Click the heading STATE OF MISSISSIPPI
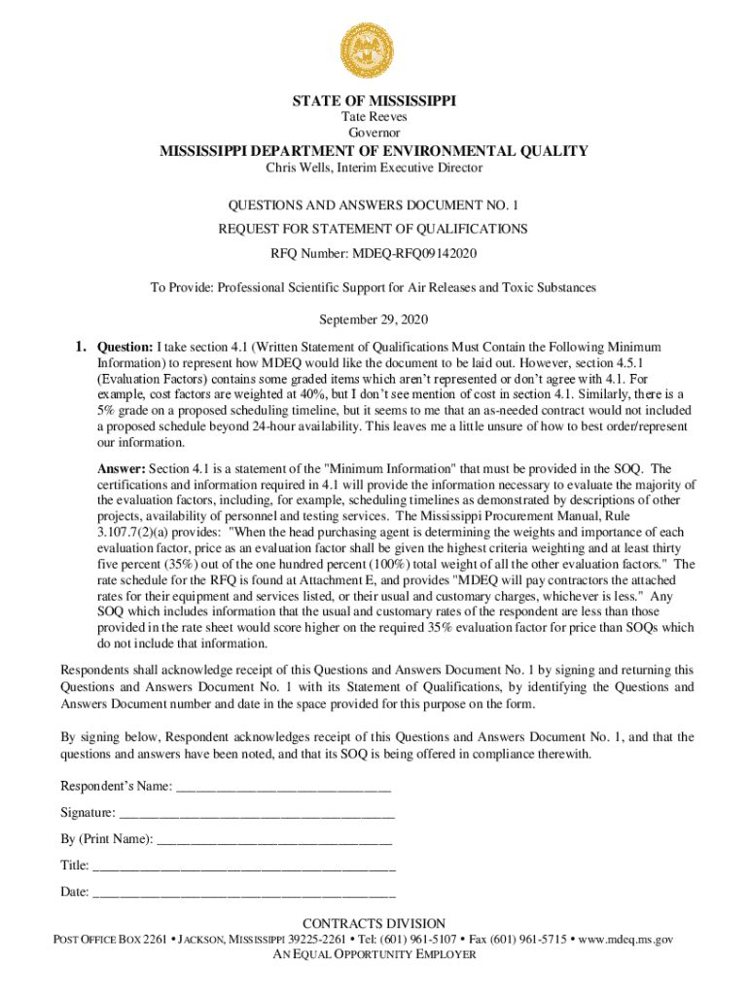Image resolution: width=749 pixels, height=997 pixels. [x=374, y=100]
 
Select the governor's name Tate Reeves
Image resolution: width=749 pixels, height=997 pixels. [x=374, y=117]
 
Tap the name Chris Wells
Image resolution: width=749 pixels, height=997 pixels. [x=303, y=168]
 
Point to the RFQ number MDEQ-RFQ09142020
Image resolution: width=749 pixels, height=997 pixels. [x=421, y=253]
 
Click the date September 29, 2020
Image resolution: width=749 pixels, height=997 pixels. [x=374, y=320]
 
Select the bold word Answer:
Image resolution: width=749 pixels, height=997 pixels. [x=121, y=469]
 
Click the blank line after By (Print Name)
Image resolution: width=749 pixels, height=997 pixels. [x=274, y=839]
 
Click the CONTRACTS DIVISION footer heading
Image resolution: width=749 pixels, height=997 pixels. [x=374, y=924]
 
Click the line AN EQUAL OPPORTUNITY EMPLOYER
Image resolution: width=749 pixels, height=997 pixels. [x=374, y=955]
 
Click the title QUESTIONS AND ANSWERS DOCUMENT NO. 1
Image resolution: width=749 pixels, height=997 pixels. [x=374, y=206]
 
